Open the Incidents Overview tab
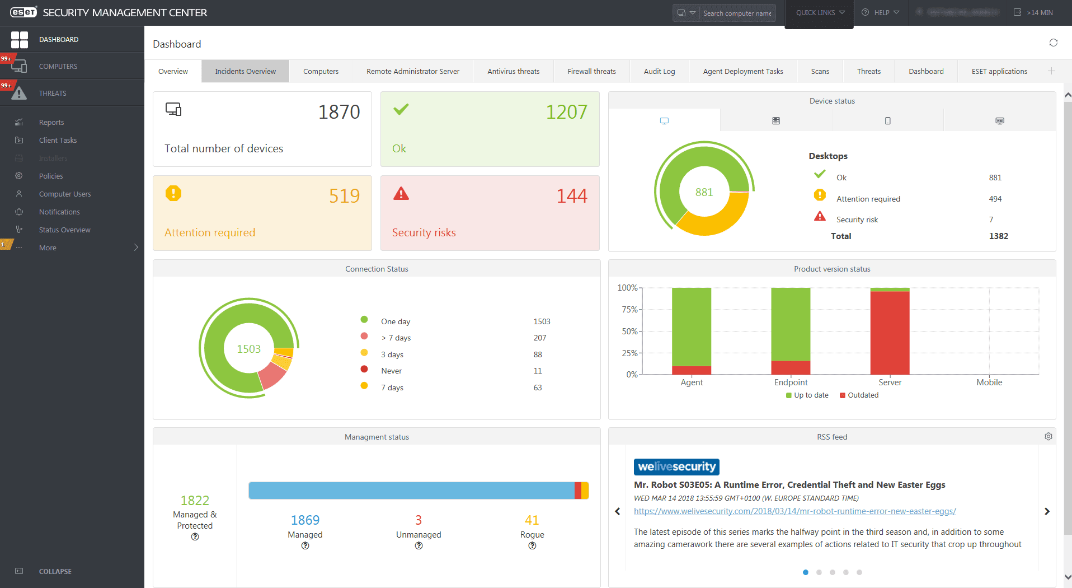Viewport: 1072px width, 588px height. (x=245, y=71)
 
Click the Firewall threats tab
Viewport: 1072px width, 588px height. (x=591, y=71)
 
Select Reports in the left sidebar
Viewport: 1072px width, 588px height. (x=51, y=122)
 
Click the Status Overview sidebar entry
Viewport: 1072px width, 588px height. (x=64, y=230)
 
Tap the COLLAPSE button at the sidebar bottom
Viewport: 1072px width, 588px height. (x=55, y=571)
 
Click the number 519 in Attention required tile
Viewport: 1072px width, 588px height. (x=344, y=196)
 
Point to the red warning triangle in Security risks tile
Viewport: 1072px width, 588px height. (x=401, y=194)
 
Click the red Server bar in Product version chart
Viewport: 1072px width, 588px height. (x=890, y=333)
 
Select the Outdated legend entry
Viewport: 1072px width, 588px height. (x=862, y=395)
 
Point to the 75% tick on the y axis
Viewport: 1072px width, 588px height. (x=630, y=310)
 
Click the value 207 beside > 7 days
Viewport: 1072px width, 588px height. (x=539, y=338)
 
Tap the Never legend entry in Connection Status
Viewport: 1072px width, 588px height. (x=391, y=371)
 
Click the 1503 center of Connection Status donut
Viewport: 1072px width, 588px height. (x=248, y=349)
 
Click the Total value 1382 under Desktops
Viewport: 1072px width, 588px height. (x=998, y=236)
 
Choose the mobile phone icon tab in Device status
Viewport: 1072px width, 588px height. (x=887, y=120)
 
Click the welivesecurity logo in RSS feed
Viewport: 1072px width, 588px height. (x=676, y=466)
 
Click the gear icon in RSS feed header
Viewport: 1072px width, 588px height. (x=1048, y=437)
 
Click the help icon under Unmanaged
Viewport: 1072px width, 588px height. (x=419, y=546)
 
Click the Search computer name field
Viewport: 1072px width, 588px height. (x=737, y=13)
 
